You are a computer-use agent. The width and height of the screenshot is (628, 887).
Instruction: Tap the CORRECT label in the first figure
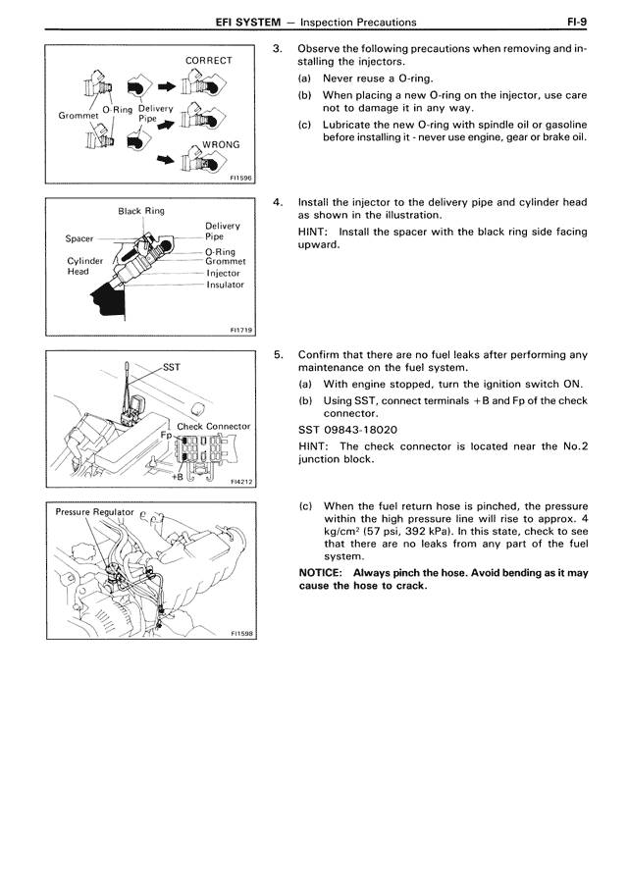point(209,61)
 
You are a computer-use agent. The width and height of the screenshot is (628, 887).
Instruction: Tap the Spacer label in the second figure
point(79,238)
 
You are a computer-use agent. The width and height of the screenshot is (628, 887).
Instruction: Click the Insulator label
point(225,285)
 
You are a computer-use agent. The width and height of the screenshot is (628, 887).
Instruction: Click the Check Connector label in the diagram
point(213,427)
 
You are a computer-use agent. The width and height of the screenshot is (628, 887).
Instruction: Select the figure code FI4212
point(241,483)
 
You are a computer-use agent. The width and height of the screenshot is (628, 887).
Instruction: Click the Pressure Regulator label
point(94,512)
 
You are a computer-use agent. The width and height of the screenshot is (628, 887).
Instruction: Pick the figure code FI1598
point(241,634)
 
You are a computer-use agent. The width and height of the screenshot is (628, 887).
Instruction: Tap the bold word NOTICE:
point(322,572)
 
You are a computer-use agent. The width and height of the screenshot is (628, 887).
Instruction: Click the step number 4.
point(279,202)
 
